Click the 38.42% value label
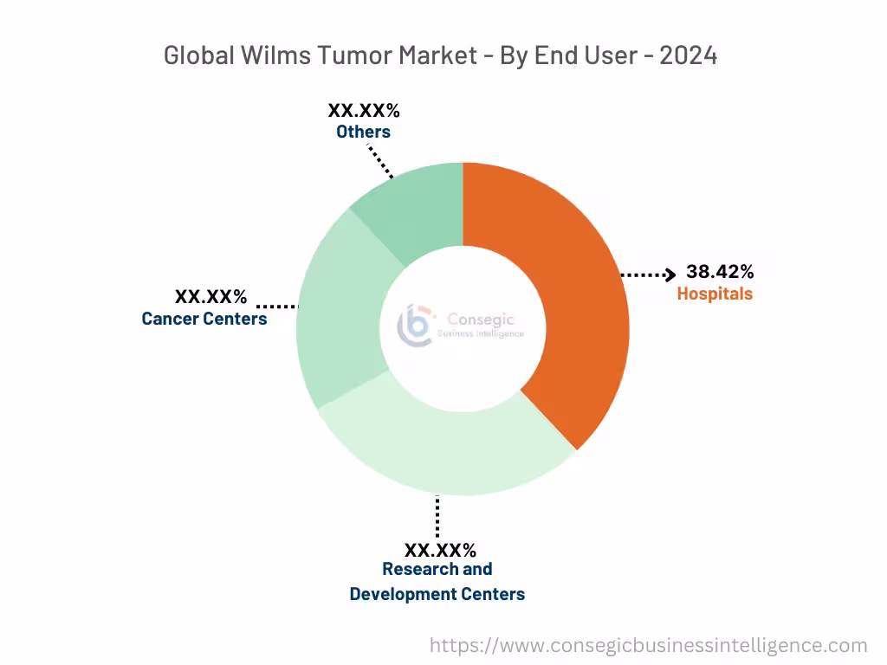[x=719, y=272]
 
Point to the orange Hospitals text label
[x=715, y=294]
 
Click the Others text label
[x=363, y=132]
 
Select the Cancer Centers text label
[x=204, y=319]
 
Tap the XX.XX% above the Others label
[x=363, y=111]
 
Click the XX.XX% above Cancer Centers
[x=210, y=297]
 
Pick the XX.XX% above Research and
[x=440, y=550]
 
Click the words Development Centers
[x=437, y=594]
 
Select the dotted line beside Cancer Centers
[x=277, y=306]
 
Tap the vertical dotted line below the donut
[x=437, y=517]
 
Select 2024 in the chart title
[x=688, y=55]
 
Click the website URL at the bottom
[x=649, y=645]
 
